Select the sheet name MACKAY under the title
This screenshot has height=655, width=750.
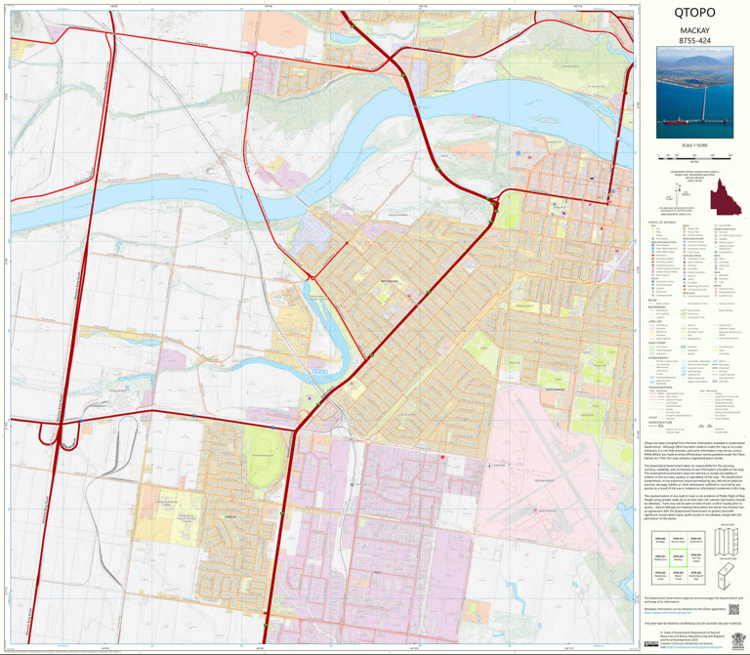(x=694, y=31)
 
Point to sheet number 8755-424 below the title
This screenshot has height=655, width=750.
(x=694, y=43)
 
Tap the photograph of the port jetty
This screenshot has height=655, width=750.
(x=694, y=96)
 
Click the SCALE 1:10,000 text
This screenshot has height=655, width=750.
(x=694, y=144)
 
